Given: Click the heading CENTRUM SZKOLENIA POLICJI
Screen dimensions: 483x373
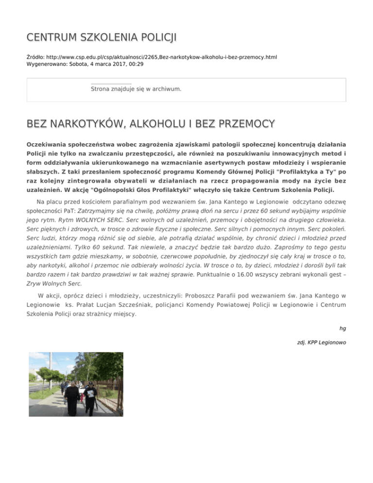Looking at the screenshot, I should tap(102, 37).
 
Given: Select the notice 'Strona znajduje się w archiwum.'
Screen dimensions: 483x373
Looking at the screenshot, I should tap(136, 89).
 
